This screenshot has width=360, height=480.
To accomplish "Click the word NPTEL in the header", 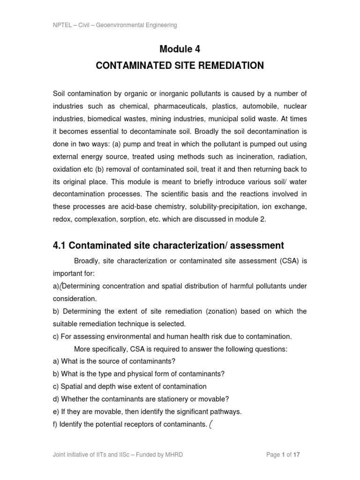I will pyautogui.click(x=62, y=25).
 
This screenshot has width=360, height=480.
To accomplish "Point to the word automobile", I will pyautogui.click(x=262, y=106).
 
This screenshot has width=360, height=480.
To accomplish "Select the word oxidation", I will pyautogui.click(x=67, y=170).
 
